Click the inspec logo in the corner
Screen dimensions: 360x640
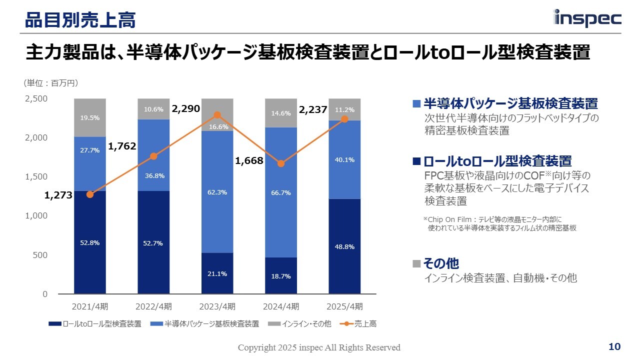pos(587,18)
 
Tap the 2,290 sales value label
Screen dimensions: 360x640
pos(186,108)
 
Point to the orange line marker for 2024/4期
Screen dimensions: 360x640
pos(281,163)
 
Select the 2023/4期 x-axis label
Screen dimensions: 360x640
pos(217,306)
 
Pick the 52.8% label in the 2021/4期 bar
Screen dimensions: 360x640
pos(90,243)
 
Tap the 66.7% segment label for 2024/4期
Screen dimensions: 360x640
pos(281,192)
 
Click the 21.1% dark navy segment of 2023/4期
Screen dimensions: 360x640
pos(217,273)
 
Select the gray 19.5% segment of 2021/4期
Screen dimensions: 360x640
pos(90,118)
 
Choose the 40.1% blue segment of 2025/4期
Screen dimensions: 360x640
pos(344,160)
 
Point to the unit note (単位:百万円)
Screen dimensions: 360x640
pos(51,83)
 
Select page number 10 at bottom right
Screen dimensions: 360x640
pos(614,347)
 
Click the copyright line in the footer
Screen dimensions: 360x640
pos(319,347)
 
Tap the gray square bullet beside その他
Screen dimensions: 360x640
pos(416,263)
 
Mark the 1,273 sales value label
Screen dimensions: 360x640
pos(58,196)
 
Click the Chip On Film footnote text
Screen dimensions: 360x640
pos(500,223)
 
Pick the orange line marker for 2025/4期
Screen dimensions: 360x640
pos(344,119)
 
